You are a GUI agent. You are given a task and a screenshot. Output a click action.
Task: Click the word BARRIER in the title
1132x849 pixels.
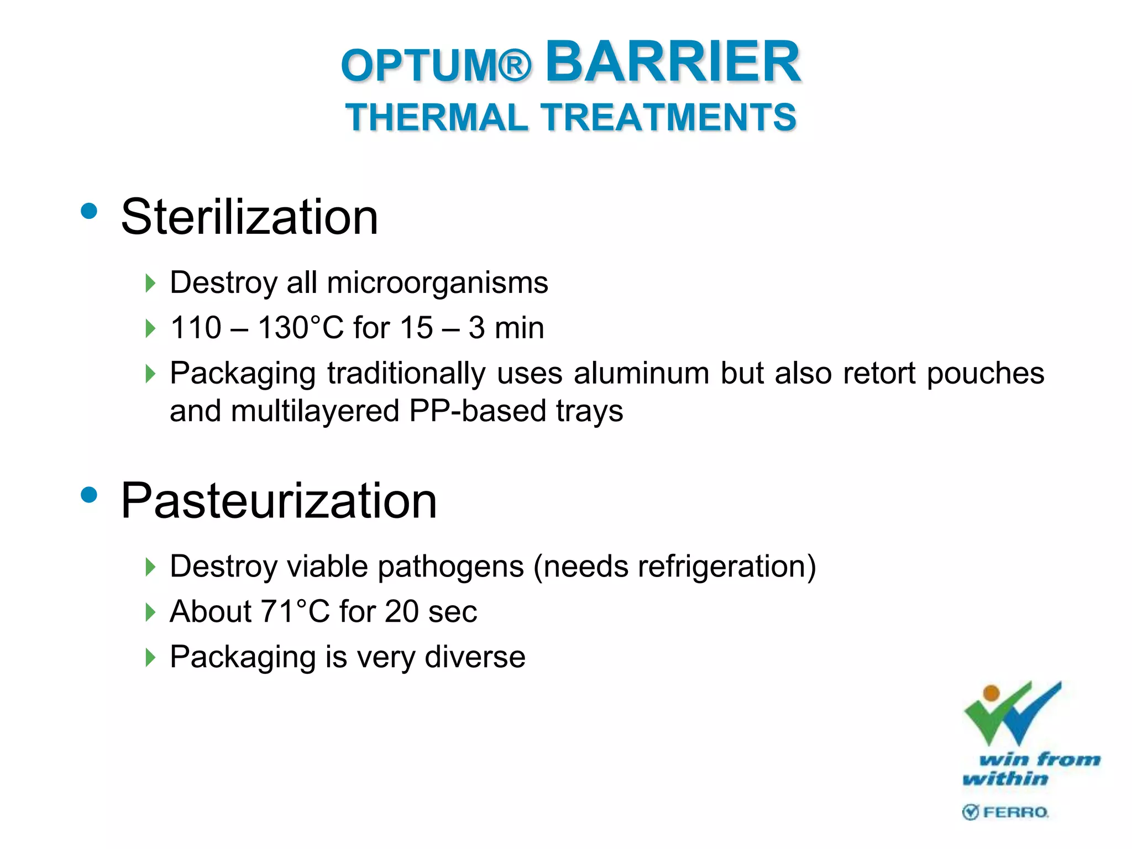(x=673, y=62)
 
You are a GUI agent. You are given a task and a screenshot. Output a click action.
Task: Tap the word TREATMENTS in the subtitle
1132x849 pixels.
(x=668, y=118)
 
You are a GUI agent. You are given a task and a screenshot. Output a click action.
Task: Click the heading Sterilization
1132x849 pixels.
(x=249, y=217)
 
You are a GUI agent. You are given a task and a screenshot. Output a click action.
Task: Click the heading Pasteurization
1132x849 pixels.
(x=279, y=501)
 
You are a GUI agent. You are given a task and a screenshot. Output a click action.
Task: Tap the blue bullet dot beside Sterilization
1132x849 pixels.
(x=88, y=211)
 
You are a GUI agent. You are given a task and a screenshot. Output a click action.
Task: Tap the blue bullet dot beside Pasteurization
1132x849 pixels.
(x=88, y=494)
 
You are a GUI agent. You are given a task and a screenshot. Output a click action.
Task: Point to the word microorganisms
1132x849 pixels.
(x=437, y=283)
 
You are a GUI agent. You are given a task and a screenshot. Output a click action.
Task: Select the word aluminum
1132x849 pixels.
(x=641, y=373)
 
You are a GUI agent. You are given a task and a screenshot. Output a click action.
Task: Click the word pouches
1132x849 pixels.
(x=985, y=373)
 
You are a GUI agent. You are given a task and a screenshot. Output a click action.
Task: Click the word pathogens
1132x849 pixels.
(x=450, y=567)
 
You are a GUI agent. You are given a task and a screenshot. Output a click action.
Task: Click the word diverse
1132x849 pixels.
(x=475, y=657)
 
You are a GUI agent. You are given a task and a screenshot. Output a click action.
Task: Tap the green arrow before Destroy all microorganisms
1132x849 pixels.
(x=150, y=284)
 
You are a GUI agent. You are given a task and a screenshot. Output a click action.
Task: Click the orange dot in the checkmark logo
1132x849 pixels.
(x=992, y=693)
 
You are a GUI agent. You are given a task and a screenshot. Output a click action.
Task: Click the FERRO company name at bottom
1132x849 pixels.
(x=1015, y=812)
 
